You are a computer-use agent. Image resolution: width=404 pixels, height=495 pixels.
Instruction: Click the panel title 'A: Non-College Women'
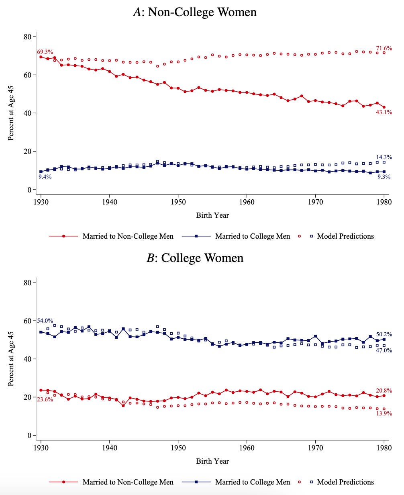coord(195,12)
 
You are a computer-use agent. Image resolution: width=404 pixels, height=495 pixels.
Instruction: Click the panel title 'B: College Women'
coord(195,258)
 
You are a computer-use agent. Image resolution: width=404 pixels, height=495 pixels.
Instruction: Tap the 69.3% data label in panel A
coord(45,52)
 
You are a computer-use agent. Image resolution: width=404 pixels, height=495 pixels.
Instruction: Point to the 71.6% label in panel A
coord(384,48)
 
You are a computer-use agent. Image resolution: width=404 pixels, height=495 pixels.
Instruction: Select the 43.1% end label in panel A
coord(384,112)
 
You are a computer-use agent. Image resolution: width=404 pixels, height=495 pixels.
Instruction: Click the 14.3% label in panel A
coord(384,157)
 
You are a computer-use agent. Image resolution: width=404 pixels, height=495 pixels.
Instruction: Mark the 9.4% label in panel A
coord(45,177)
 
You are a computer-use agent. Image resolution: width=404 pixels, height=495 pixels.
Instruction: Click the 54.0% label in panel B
coord(45,321)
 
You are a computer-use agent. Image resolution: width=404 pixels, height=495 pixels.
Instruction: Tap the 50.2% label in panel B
coord(384,334)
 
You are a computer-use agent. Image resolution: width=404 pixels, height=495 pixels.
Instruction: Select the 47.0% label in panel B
coord(384,350)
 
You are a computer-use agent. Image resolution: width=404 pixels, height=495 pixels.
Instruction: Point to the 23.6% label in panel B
coord(45,399)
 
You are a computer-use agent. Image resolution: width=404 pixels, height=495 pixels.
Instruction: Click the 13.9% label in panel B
coord(384,414)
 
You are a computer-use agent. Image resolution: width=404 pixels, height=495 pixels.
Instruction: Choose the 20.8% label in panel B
coord(384,391)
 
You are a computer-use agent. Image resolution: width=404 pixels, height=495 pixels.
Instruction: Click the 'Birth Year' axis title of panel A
coord(212,215)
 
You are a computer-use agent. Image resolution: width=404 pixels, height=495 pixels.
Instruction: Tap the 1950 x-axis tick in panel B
coord(178,447)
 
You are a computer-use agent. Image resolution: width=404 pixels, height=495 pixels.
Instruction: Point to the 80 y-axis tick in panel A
coord(27,37)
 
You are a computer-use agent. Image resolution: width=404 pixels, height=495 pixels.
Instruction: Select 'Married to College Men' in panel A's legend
coord(252,236)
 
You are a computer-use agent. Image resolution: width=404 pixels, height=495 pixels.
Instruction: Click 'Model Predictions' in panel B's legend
coord(345,482)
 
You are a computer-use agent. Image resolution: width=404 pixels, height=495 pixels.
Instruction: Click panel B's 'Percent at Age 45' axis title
coord(11,358)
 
